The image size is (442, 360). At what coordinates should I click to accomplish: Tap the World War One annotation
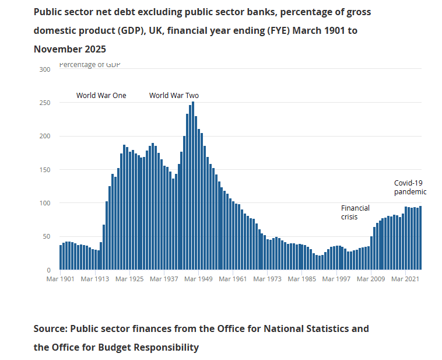101,96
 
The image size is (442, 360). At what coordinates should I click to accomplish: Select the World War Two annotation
174,96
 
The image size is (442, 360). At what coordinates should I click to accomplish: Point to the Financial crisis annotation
355,212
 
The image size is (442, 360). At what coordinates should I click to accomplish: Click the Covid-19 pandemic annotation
410,187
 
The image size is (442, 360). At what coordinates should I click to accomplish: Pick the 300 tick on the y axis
44,69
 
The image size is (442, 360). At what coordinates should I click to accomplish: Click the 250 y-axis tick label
44,103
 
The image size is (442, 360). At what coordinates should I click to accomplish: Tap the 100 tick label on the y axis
44,203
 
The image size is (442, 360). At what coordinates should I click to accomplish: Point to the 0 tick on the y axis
48,270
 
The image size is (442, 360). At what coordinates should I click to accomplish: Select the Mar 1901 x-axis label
60,279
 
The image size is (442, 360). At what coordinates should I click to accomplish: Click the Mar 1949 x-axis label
198,279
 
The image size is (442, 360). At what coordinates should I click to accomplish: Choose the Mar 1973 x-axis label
266,279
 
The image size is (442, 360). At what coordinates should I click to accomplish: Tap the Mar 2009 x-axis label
370,279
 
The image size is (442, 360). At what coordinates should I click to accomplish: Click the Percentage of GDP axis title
90,65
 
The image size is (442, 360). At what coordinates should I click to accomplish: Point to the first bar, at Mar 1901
61,257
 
